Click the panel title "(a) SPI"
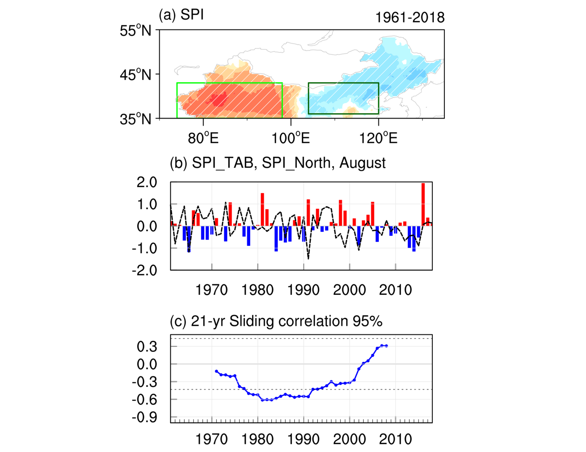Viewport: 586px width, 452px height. (181, 16)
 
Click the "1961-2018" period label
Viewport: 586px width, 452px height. (409, 18)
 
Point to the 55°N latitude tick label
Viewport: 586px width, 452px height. (136, 31)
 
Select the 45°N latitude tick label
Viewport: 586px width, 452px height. (136, 75)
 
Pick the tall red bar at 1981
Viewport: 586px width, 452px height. (262, 209)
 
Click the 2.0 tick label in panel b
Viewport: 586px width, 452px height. (147, 182)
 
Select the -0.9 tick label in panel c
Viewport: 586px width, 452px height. (145, 417)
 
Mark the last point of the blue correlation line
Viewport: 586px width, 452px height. (386, 346)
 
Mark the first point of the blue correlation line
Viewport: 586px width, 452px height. (216, 371)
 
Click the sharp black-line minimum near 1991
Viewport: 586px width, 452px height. (308, 258)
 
